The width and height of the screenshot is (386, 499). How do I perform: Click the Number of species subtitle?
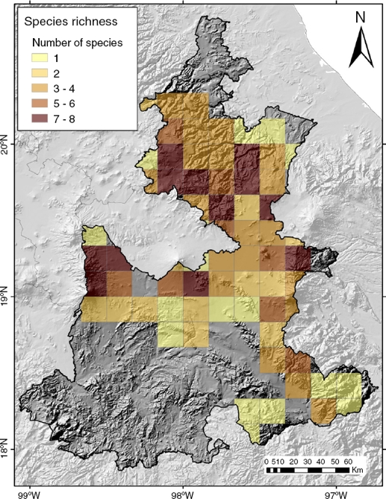pyautogui.click(x=77, y=42)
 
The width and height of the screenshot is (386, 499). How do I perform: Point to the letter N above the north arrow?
pyautogui.click(x=361, y=16)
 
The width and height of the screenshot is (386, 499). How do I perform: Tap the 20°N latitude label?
pyautogui.click(x=10, y=146)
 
